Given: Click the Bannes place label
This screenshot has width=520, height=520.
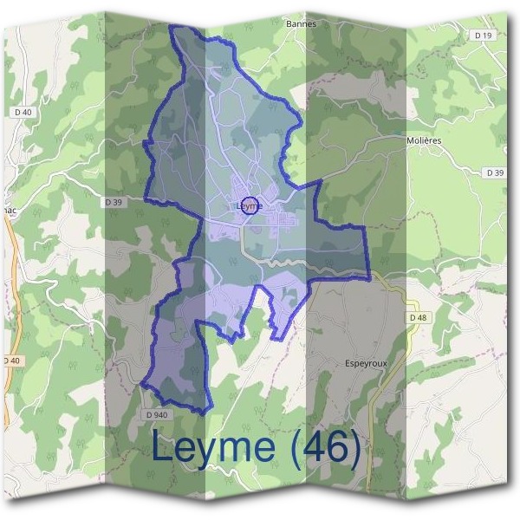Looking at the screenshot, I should [x=301, y=24].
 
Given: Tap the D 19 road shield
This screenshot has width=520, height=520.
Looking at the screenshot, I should [x=483, y=35].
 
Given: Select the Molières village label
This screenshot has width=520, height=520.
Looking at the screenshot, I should [x=425, y=140].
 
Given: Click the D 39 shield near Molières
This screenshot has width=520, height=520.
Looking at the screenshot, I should [x=495, y=173].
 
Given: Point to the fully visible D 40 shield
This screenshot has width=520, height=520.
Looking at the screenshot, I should [x=23, y=113].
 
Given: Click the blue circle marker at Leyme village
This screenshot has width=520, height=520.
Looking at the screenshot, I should [x=249, y=206].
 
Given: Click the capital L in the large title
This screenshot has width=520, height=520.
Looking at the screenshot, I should [x=163, y=448].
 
